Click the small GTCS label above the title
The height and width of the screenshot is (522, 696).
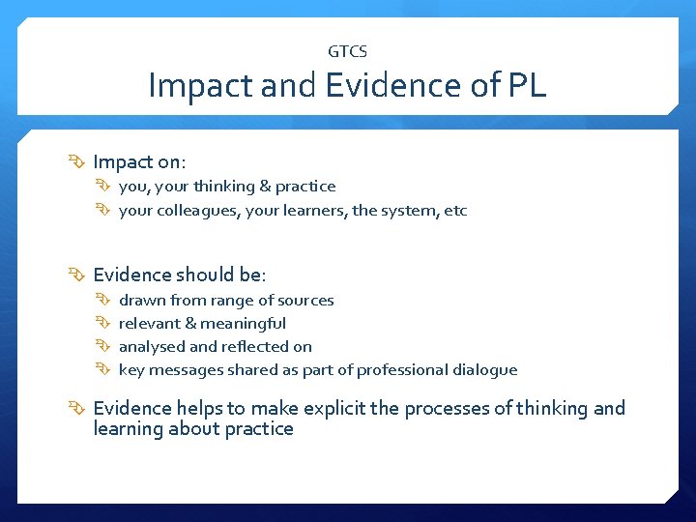pyautogui.click(x=348, y=51)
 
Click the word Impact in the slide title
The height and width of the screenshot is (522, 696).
pyautogui.click(x=202, y=86)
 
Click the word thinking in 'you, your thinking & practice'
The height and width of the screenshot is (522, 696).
pyautogui.click(x=223, y=186)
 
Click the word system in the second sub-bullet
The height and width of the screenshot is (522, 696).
pyautogui.click(x=413, y=210)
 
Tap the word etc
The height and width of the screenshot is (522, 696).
pyautogui.click(x=455, y=210)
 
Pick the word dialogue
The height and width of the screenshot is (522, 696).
pyautogui.click(x=482, y=369)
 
